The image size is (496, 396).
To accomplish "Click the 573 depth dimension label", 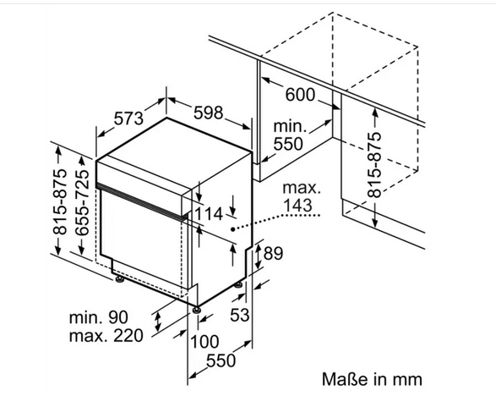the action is [128, 118].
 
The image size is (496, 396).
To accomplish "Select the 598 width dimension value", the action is [208, 113].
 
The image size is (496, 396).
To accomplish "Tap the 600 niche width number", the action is [300, 95].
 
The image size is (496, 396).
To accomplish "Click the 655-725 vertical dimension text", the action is [82, 203].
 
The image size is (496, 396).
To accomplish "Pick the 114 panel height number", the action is [209, 214].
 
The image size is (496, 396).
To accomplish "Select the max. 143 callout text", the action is [301, 196].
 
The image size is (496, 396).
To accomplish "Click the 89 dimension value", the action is [273, 254].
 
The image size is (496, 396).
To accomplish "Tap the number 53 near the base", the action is [239, 315].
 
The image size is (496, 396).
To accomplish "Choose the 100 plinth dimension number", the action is [204, 342].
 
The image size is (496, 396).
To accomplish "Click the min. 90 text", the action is [99, 317].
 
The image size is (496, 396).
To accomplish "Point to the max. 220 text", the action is [106, 335].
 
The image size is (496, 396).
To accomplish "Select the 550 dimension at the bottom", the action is [221, 360].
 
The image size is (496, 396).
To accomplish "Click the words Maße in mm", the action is [372, 379].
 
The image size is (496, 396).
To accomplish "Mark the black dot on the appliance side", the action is [232, 228].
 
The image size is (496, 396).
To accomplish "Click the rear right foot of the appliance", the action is [239, 285].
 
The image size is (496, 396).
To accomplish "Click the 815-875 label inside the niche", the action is [374, 165].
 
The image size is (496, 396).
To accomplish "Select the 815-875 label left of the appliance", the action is [60, 203].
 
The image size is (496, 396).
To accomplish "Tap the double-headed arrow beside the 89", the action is [258, 255].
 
